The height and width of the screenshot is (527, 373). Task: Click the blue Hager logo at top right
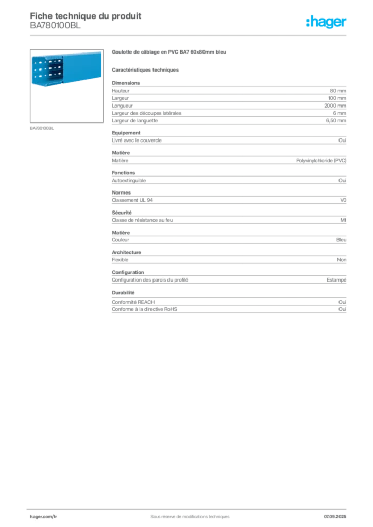[327, 22]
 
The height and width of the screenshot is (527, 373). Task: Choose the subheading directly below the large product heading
[146, 69]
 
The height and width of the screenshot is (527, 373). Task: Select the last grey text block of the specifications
[228, 303]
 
